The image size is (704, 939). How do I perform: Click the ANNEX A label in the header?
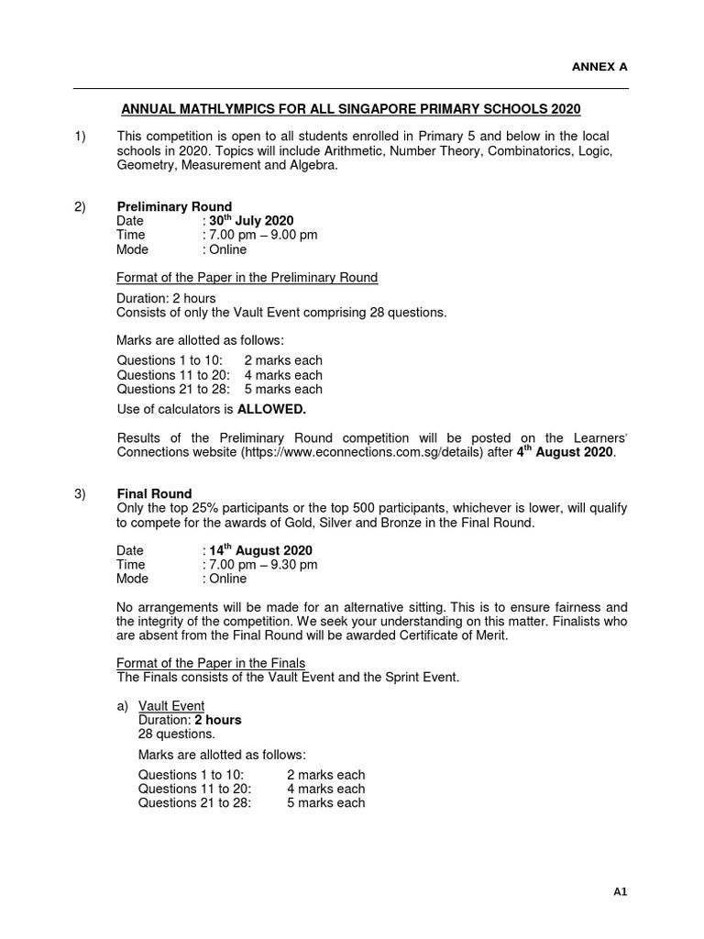point(600,67)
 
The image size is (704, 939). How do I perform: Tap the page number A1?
point(621,890)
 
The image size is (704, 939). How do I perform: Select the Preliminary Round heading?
point(174,206)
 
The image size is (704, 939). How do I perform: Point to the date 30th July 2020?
point(251,220)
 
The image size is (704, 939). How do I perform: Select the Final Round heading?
point(154,494)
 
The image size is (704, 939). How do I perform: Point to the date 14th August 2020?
point(261,550)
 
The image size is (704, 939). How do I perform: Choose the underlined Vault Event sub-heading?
point(171,705)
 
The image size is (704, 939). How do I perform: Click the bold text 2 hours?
point(215,720)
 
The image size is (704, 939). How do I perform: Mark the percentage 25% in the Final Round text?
point(202,509)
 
